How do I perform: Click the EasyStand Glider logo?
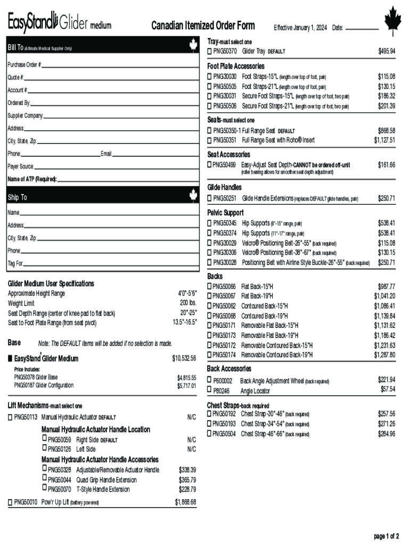click(59, 23)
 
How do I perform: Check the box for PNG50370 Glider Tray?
click(210, 51)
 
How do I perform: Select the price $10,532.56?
click(184, 358)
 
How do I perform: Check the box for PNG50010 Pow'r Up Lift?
click(10, 502)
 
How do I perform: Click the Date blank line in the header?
click(362, 28)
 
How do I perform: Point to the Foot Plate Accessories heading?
click(235, 66)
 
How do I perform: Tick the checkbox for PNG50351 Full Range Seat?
click(210, 140)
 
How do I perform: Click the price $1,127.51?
click(384, 140)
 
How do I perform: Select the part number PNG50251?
click(225, 198)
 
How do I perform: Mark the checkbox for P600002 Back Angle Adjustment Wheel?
click(210, 381)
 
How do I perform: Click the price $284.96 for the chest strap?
click(386, 434)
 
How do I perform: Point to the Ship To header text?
click(17, 198)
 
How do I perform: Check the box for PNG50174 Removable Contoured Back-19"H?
click(210, 355)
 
